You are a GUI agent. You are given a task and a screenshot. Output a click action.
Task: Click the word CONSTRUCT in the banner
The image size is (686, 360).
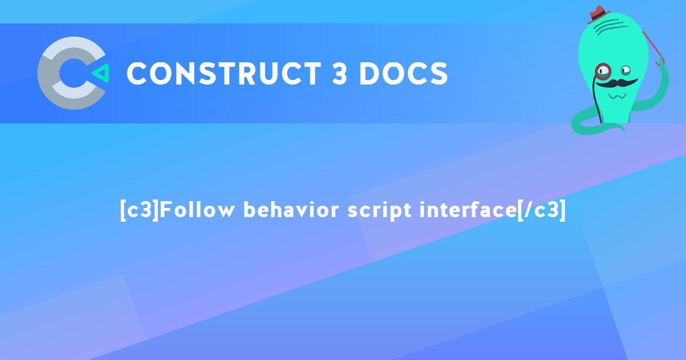(224, 73)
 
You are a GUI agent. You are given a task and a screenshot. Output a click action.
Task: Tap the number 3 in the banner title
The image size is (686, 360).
(340, 73)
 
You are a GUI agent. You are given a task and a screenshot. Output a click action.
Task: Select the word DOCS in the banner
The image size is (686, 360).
(404, 73)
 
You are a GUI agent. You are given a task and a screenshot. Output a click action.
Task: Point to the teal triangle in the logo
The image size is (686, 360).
(101, 73)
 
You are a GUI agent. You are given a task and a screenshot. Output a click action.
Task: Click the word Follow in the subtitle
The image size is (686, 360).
(198, 210)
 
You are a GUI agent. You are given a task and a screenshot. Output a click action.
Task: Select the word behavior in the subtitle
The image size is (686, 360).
(291, 210)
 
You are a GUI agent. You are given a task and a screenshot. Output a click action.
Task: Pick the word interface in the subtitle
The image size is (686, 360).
(468, 210)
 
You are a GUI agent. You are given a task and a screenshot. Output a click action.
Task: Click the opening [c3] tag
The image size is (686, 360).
(139, 210)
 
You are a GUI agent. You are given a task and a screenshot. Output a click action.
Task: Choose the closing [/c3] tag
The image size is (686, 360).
(541, 210)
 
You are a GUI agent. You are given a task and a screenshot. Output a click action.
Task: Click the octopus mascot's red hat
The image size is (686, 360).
(598, 14)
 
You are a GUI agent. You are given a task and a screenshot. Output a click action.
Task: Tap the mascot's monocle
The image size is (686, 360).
(603, 71)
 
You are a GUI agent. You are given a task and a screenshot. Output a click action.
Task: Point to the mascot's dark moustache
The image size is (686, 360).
(616, 83)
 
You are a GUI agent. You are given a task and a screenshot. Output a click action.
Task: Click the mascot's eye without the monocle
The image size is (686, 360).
(626, 70)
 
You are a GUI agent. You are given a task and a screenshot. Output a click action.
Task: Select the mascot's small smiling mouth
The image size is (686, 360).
(617, 96)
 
